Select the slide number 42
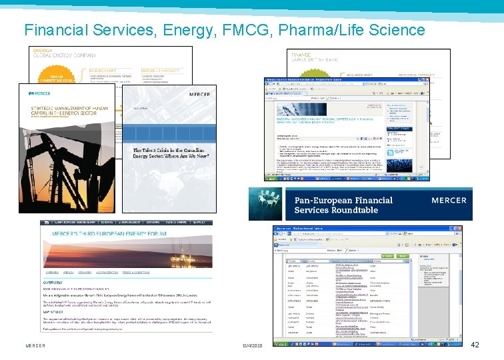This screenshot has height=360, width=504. point(474,345)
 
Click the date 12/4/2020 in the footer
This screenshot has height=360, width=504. point(253,346)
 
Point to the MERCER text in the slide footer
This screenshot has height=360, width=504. point(35,346)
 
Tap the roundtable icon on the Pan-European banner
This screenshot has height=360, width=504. point(267,204)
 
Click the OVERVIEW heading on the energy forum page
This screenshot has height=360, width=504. point(60,282)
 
